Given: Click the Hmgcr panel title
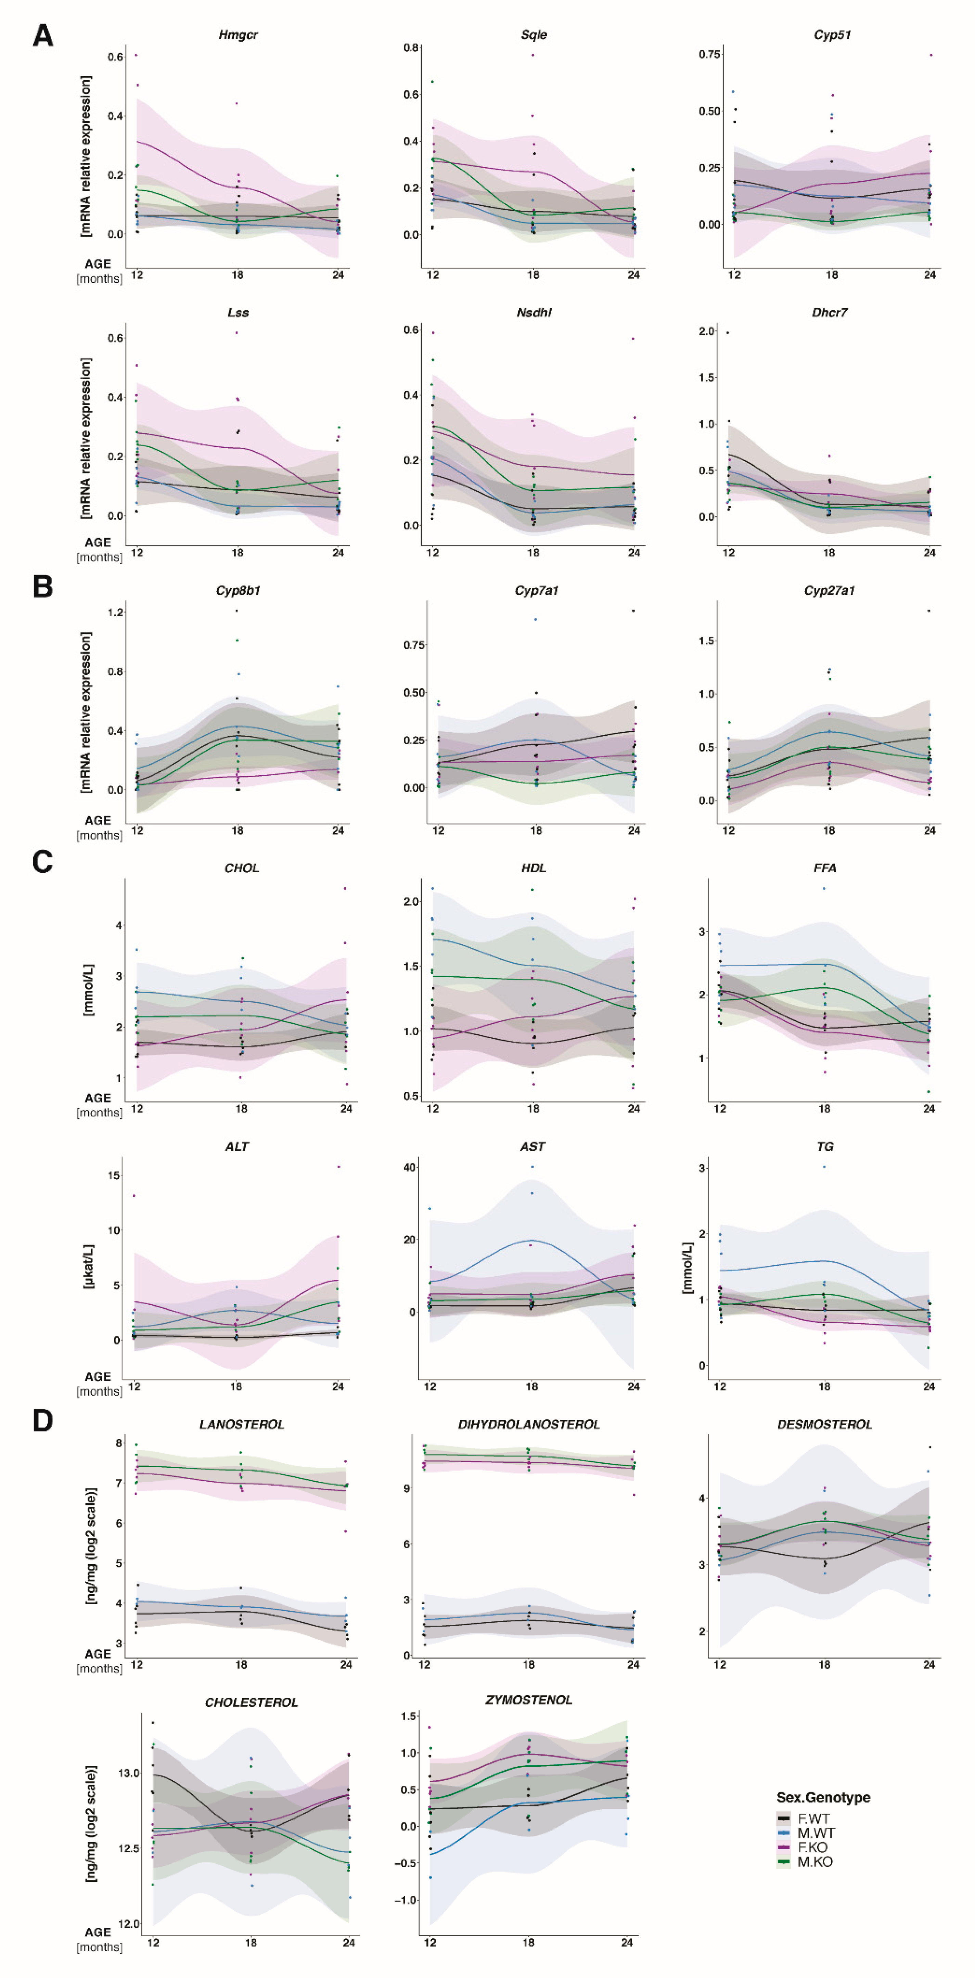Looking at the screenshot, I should [238, 35].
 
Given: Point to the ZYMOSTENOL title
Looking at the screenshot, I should [529, 1700].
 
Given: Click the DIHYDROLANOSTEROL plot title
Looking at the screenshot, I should [529, 1424].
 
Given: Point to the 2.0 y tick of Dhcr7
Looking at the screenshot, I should [706, 331].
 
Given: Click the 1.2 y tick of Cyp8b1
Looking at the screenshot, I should [115, 613].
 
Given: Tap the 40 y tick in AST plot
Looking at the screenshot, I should [409, 1167].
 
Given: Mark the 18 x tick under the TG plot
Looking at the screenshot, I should [824, 1387].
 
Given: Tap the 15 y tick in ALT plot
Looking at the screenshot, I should [114, 1176].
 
